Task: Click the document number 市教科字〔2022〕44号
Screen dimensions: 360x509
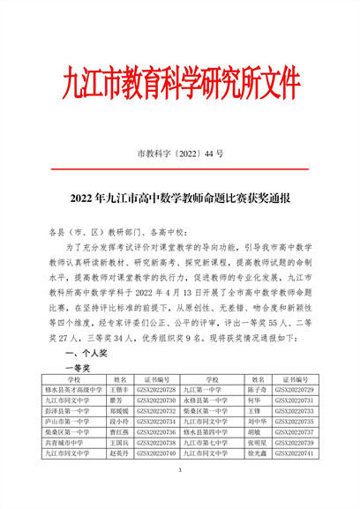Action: click(180, 153)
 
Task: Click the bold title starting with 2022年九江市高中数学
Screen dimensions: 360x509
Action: click(179, 199)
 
